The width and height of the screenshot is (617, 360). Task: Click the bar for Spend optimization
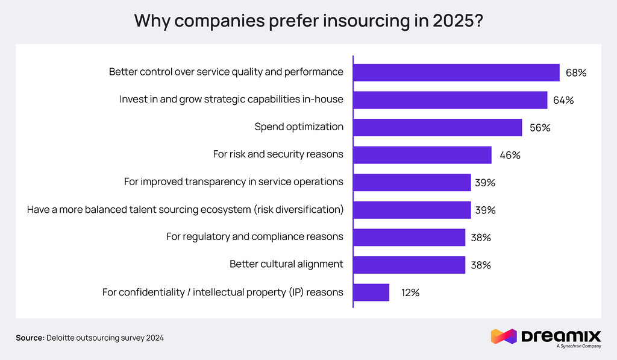pyautogui.click(x=437, y=127)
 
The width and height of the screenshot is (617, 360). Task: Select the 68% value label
pyautogui.click(x=576, y=72)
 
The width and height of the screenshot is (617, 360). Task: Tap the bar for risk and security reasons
pyautogui.click(x=422, y=154)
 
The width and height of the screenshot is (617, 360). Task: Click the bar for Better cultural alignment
pyautogui.click(x=409, y=265)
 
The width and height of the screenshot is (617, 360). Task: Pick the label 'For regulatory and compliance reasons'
pyautogui.click(x=255, y=236)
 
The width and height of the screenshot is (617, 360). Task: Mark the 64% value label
pyautogui.click(x=563, y=100)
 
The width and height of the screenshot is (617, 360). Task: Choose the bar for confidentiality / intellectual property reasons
pyautogui.click(x=371, y=292)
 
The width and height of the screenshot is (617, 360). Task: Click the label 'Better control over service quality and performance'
pyautogui.click(x=226, y=72)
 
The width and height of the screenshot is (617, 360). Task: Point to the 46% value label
pyautogui.click(x=509, y=155)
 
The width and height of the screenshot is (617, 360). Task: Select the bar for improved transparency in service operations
pyautogui.click(x=412, y=182)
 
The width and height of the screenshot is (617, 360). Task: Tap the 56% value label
pyautogui.click(x=539, y=128)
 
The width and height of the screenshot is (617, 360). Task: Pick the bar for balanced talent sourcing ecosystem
pyautogui.click(x=412, y=210)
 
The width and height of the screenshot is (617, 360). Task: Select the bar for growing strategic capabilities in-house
pyautogui.click(x=450, y=99)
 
